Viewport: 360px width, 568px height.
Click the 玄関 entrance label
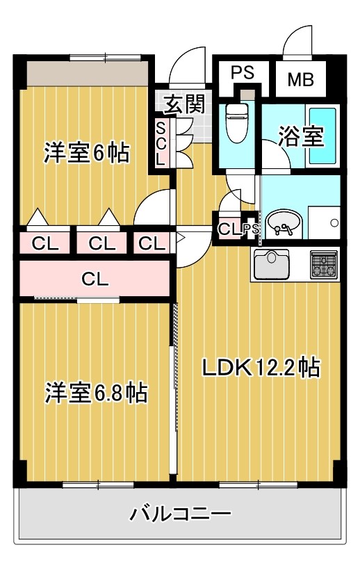coord(185,104)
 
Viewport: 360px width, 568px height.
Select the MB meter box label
coord(300,79)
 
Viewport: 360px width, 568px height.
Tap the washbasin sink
coord(284,223)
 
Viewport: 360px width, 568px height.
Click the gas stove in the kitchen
coord(324,264)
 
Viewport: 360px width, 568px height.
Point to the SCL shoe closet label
coord(161,143)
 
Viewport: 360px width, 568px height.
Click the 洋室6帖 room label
coord(87,153)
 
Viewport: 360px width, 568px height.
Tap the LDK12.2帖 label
coord(261,366)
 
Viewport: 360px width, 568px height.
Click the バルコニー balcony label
coord(180,515)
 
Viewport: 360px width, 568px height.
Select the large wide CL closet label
coord(95,279)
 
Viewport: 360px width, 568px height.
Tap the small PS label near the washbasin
coord(250,229)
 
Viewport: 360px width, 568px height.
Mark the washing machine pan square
coord(324,223)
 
